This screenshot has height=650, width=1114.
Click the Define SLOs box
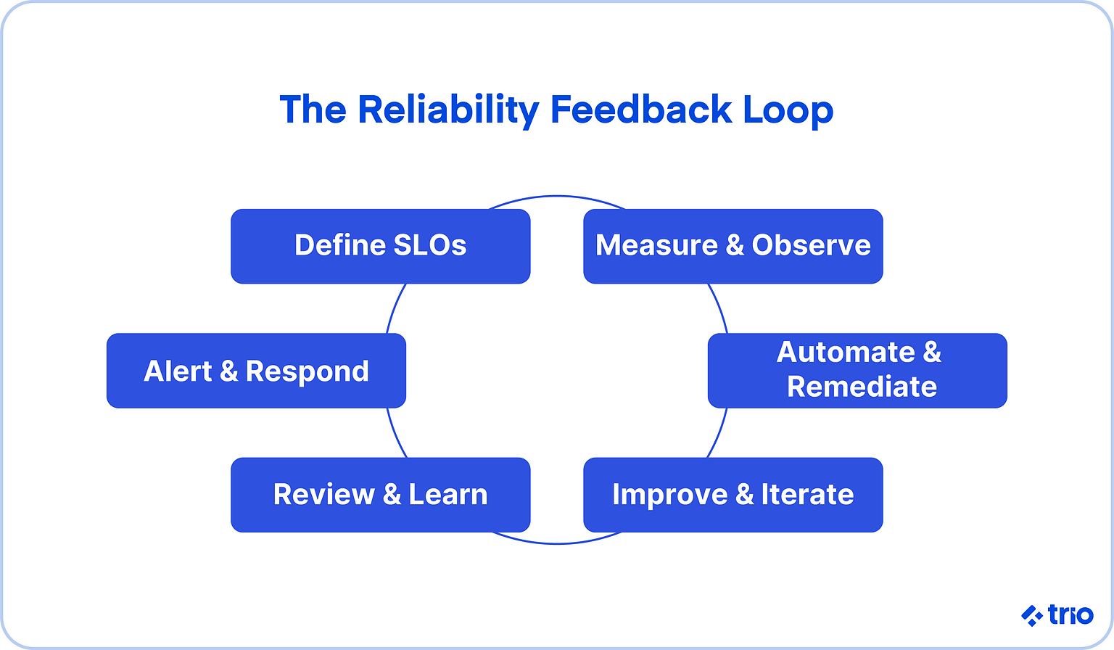(x=380, y=247)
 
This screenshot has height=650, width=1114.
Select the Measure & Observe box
(x=733, y=247)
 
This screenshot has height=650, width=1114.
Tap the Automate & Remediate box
(x=857, y=370)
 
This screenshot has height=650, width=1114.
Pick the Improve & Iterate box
(x=733, y=495)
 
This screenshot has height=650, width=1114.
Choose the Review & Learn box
(x=380, y=495)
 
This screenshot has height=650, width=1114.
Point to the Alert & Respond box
(x=256, y=371)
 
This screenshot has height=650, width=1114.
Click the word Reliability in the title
(x=447, y=110)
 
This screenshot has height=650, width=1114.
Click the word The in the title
(x=313, y=110)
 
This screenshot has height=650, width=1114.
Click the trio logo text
(x=1070, y=615)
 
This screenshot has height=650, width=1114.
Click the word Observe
(x=811, y=245)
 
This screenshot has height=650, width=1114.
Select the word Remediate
(x=862, y=387)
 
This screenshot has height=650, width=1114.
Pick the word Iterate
(x=807, y=495)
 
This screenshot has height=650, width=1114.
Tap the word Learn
(x=448, y=495)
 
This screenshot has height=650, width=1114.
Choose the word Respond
(x=308, y=371)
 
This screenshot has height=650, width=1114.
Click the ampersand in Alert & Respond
(x=228, y=371)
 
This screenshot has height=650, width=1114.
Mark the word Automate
(x=846, y=353)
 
